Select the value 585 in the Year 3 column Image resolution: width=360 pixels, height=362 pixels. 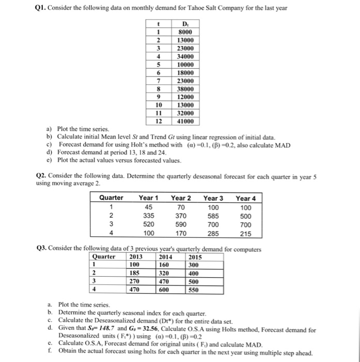[x=213, y=215]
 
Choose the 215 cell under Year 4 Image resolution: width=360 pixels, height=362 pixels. [x=246, y=233]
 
